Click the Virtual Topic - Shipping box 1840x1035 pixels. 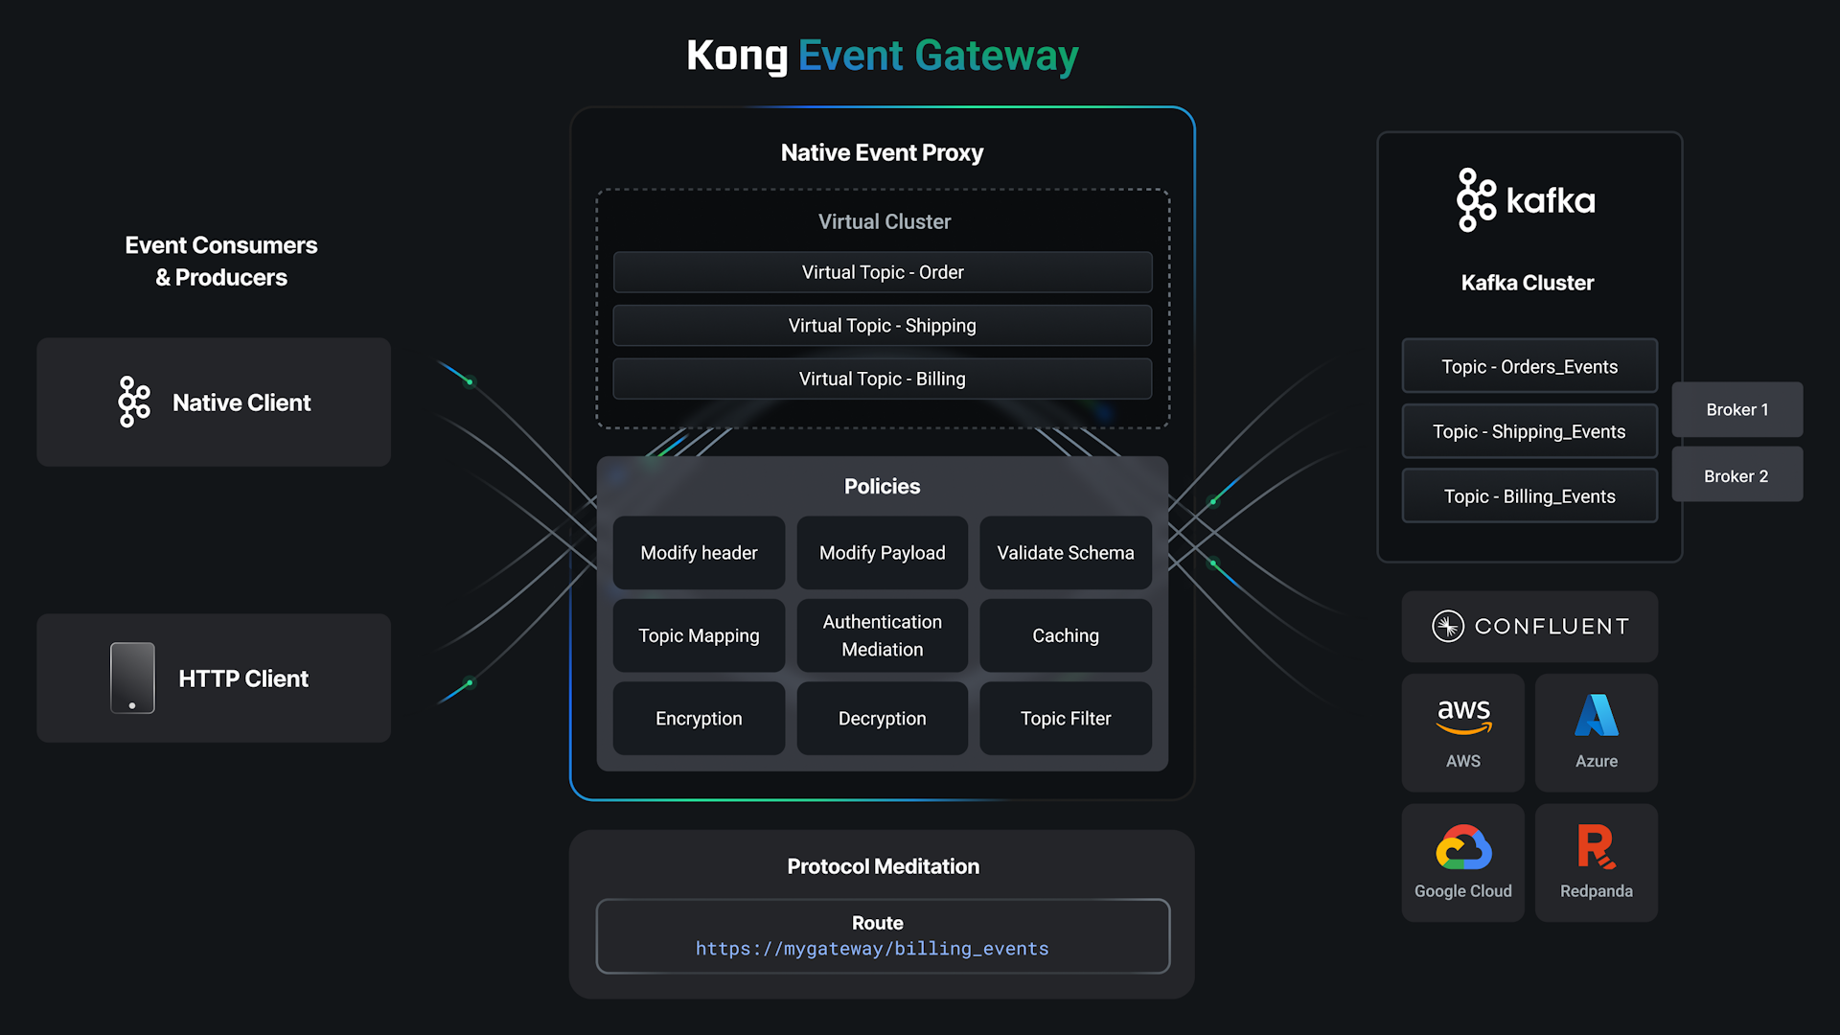(x=882, y=326)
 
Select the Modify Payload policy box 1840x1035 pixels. (x=882, y=553)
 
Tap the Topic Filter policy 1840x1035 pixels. (x=1065, y=719)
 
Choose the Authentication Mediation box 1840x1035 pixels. (x=882, y=635)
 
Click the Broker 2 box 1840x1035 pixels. (x=1736, y=475)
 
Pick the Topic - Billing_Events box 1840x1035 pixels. (x=1529, y=496)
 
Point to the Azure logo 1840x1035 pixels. (x=1597, y=716)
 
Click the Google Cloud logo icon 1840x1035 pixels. (x=1463, y=847)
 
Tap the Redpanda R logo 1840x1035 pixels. (x=1596, y=846)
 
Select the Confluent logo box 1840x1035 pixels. (x=1529, y=627)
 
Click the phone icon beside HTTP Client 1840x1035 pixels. (x=132, y=678)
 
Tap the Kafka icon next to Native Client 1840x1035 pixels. (x=134, y=402)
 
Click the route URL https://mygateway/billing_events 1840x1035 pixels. (x=872, y=949)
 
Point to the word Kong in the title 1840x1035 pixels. (x=737, y=56)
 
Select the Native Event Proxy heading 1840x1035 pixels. (x=882, y=153)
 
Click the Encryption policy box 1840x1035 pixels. (x=699, y=719)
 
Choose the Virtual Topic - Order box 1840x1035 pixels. (x=882, y=272)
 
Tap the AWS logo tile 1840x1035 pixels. (x=1462, y=732)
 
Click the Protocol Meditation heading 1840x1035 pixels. (x=883, y=866)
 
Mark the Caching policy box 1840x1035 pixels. (x=1065, y=635)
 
